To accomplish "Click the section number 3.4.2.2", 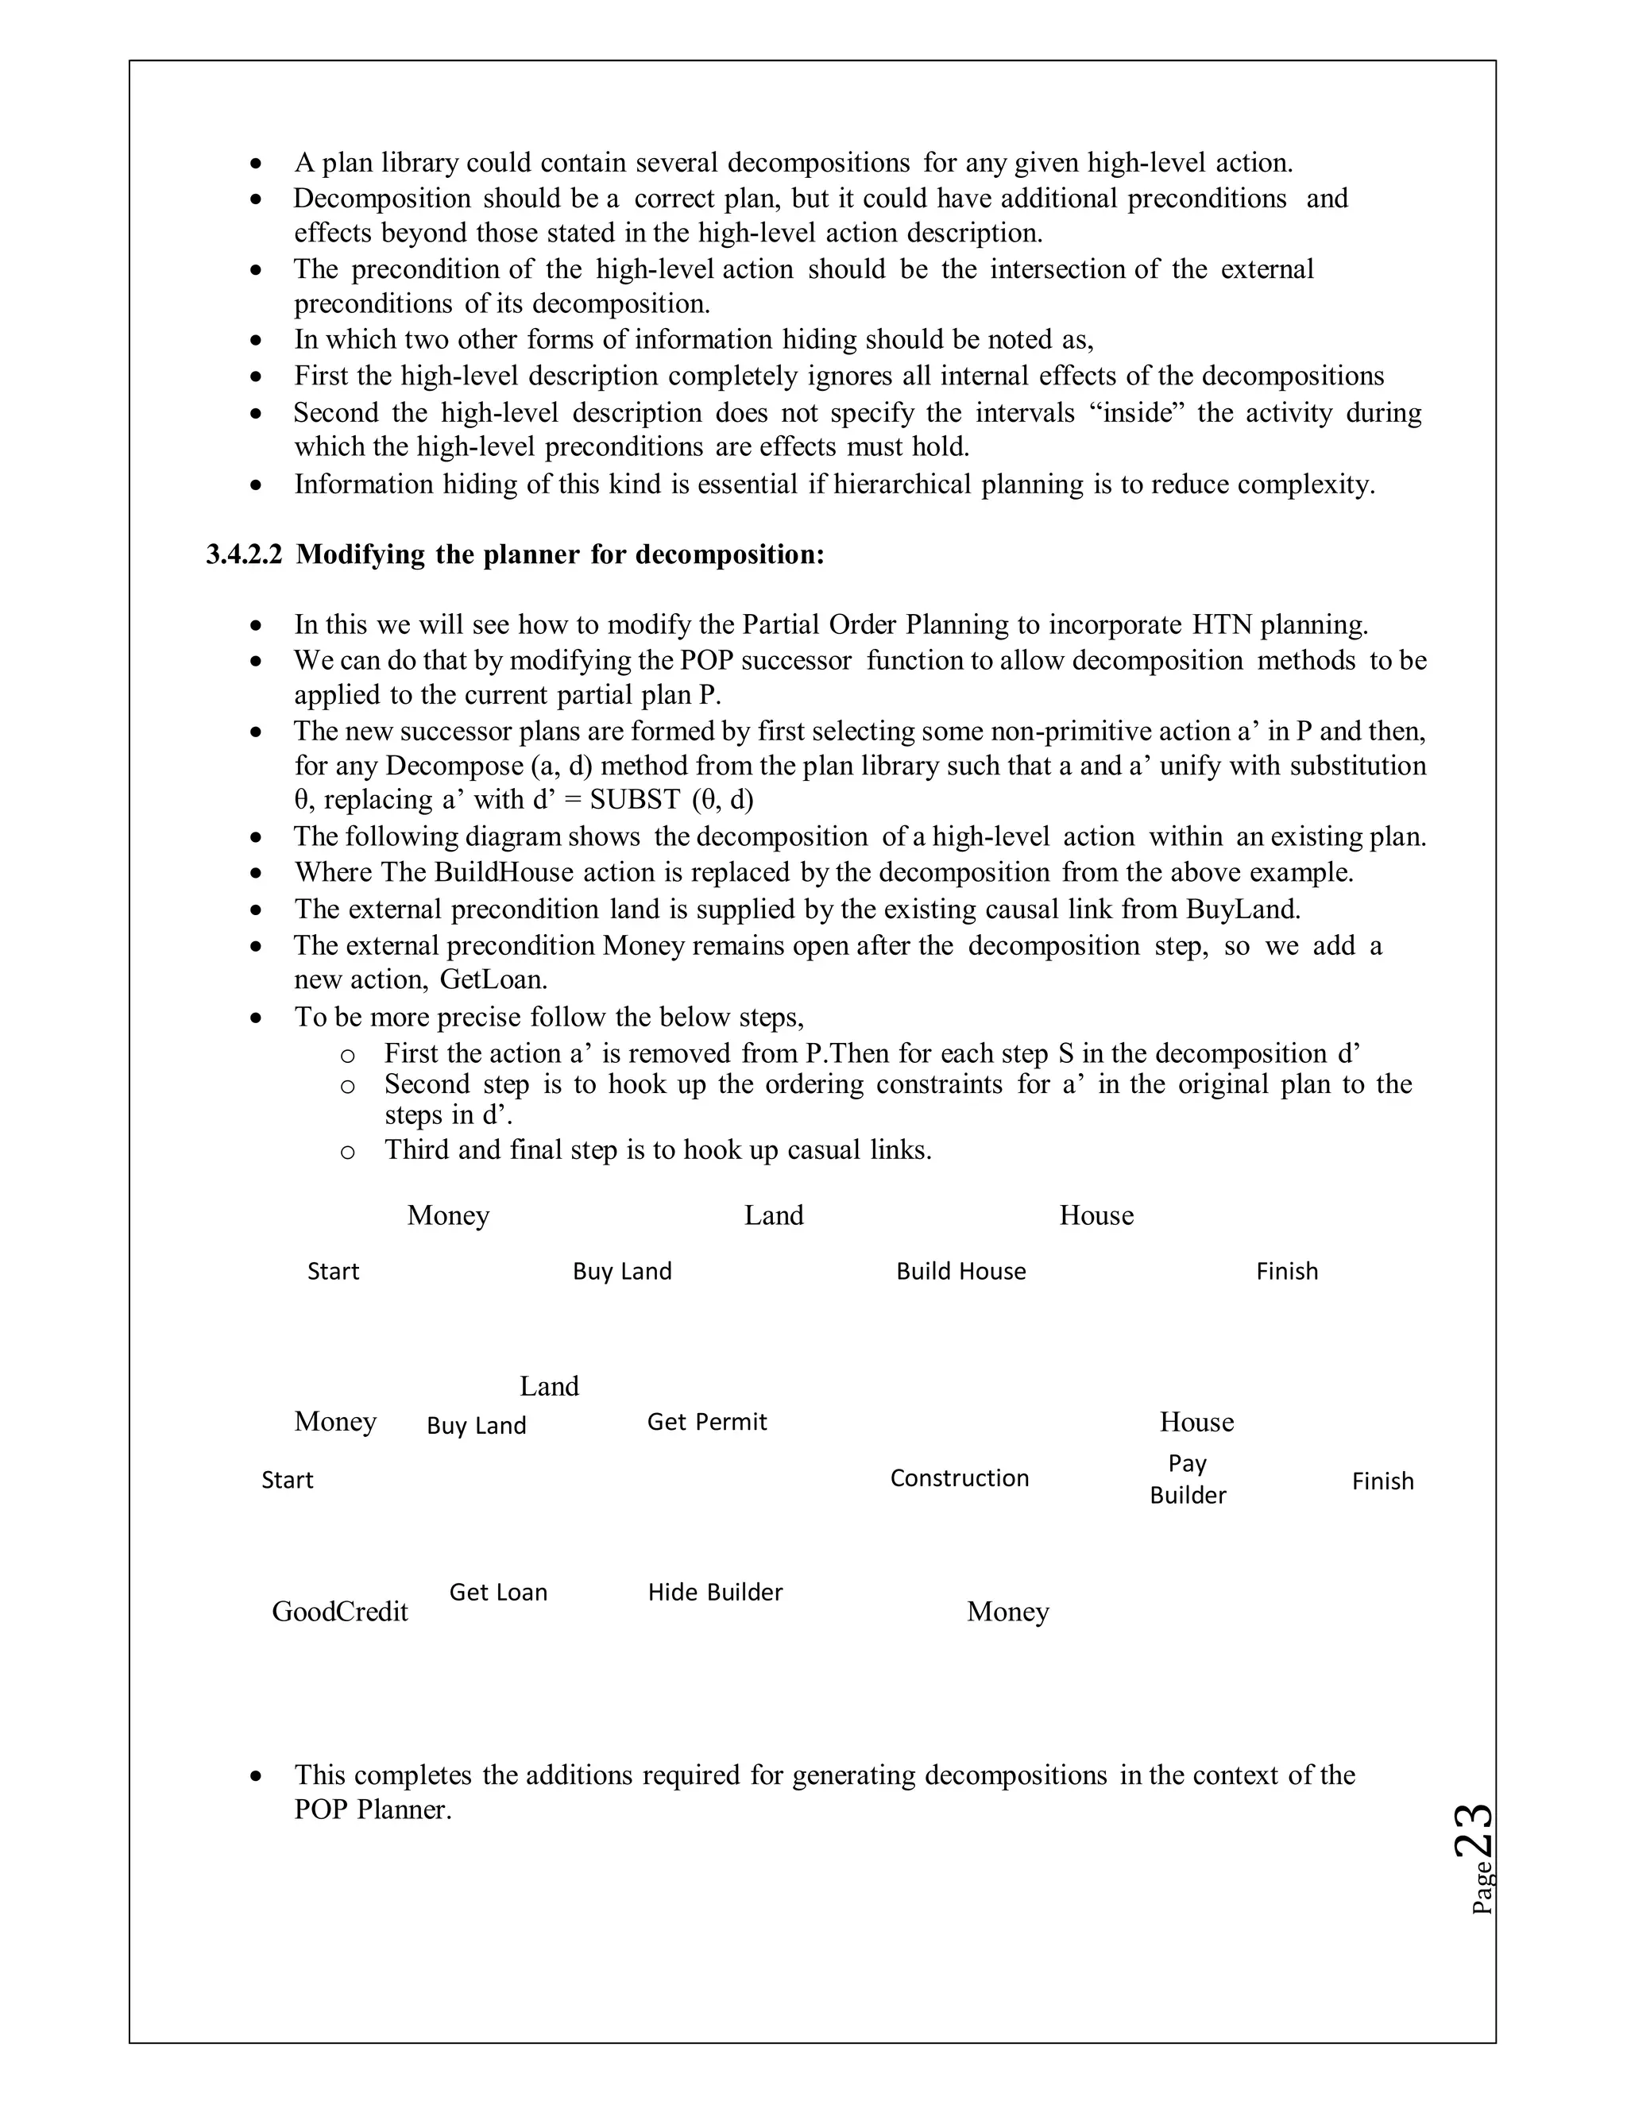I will [x=244, y=555].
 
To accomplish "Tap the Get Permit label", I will [x=706, y=1422].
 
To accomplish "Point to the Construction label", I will [x=959, y=1478].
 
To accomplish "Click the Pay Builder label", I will [x=1188, y=1480].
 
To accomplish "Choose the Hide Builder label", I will [x=715, y=1592].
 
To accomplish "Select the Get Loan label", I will [x=498, y=1592].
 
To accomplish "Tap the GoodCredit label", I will [x=339, y=1612].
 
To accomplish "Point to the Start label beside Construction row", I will [x=288, y=1481].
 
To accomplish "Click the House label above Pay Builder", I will [x=1196, y=1422].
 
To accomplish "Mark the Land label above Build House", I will [x=773, y=1215].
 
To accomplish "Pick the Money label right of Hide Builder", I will [x=1007, y=1612].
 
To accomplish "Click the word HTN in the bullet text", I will [x=1220, y=624].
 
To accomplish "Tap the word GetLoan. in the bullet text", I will [x=493, y=980].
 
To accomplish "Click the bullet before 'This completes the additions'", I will [x=256, y=1775].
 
